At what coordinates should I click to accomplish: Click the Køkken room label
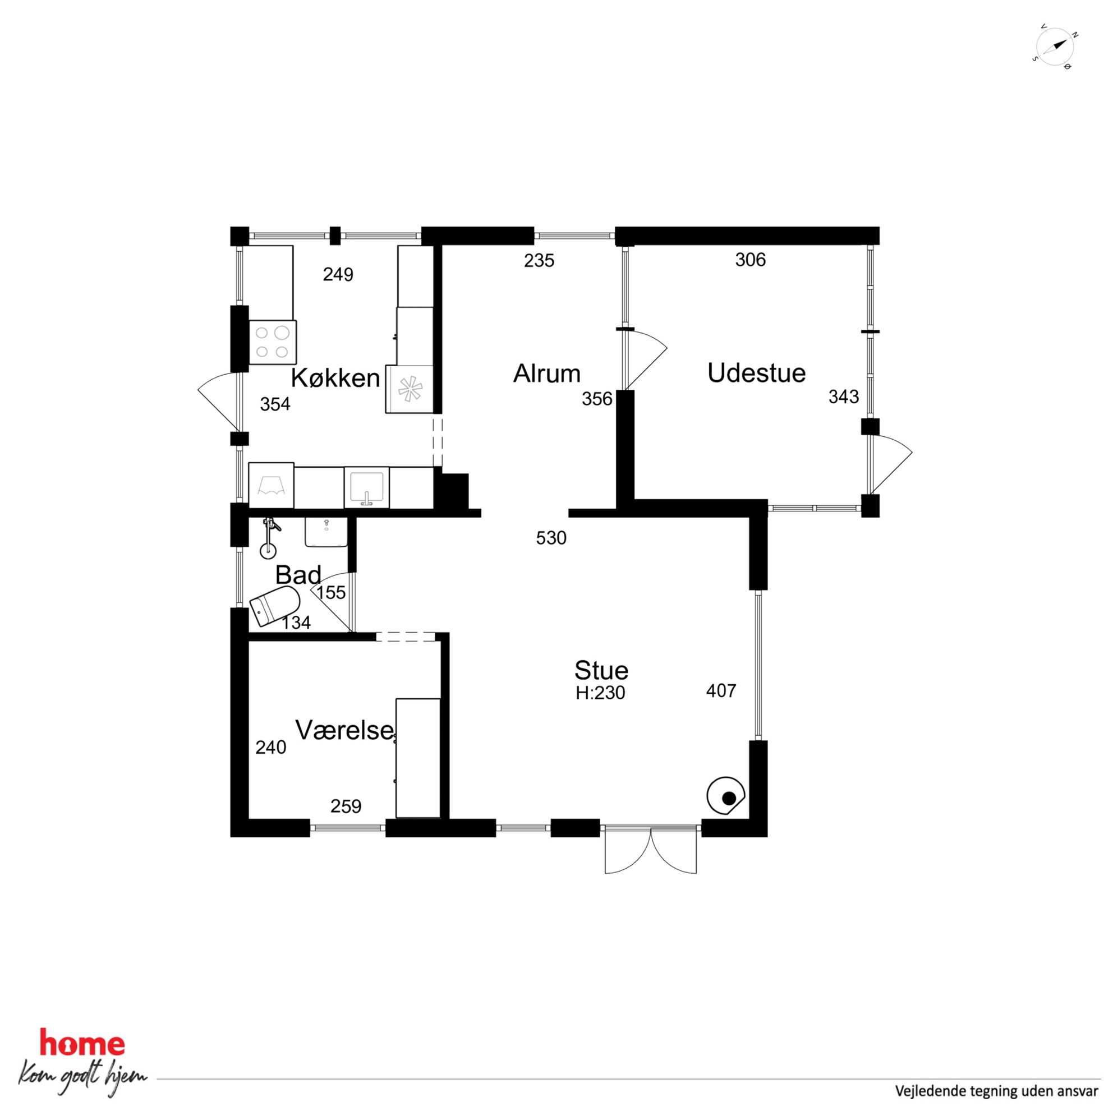pyautogui.click(x=335, y=379)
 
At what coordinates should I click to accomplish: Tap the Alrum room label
pyautogui.click(x=547, y=374)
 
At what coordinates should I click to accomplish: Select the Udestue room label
pyautogui.click(x=756, y=373)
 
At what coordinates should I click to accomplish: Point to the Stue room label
pyautogui.click(x=601, y=670)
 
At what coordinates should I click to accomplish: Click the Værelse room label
pyautogui.click(x=345, y=730)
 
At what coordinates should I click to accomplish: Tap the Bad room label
pyautogui.click(x=298, y=575)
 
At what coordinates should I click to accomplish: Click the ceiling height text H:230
pyautogui.click(x=600, y=692)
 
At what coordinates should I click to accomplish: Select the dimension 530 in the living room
pyautogui.click(x=551, y=538)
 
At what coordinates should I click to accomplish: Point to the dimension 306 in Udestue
pyautogui.click(x=750, y=260)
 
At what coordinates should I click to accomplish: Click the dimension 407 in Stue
pyautogui.click(x=721, y=690)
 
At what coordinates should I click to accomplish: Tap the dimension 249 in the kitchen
pyautogui.click(x=338, y=275)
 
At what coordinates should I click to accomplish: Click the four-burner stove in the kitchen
pyautogui.click(x=273, y=343)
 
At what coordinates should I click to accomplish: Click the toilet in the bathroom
pyautogui.click(x=275, y=605)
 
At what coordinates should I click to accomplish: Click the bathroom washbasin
pyautogui.click(x=325, y=532)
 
